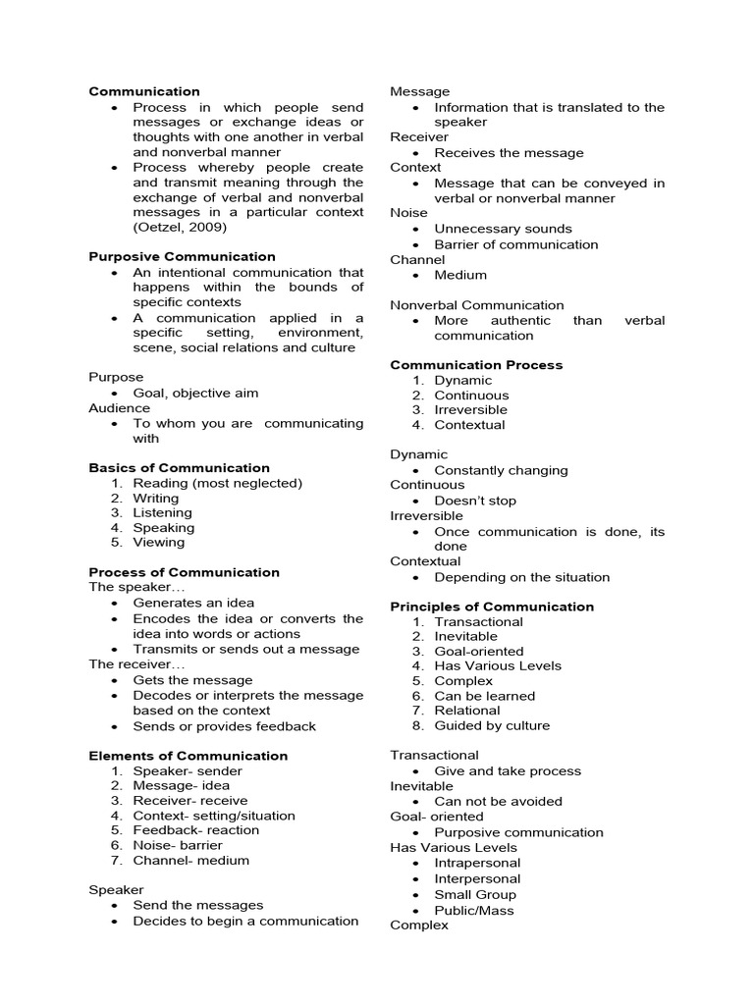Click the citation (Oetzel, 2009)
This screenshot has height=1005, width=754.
tap(180, 227)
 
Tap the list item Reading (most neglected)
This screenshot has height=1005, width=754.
tap(217, 483)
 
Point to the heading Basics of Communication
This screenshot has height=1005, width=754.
tap(179, 468)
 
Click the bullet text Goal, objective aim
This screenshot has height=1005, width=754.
tap(195, 393)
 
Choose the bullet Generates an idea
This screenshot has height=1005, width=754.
tap(193, 603)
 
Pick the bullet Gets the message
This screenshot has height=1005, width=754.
tap(192, 680)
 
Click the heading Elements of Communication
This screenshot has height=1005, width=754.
tap(188, 756)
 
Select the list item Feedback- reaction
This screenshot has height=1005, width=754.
tap(195, 830)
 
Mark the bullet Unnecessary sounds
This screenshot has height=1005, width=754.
tap(503, 229)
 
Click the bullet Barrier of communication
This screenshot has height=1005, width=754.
tap(515, 244)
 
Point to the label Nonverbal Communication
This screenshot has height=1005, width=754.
tap(477, 305)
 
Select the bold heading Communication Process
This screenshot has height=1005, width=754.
tap(476, 365)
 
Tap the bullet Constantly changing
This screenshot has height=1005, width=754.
tap(501, 470)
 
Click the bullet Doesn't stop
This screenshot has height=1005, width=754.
tap(475, 501)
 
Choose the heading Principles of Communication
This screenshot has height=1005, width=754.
tap(492, 607)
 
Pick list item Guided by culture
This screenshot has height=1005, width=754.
tap(492, 725)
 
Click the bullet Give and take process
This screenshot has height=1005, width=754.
tap(508, 771)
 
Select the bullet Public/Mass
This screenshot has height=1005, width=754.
tap(474, 910)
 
